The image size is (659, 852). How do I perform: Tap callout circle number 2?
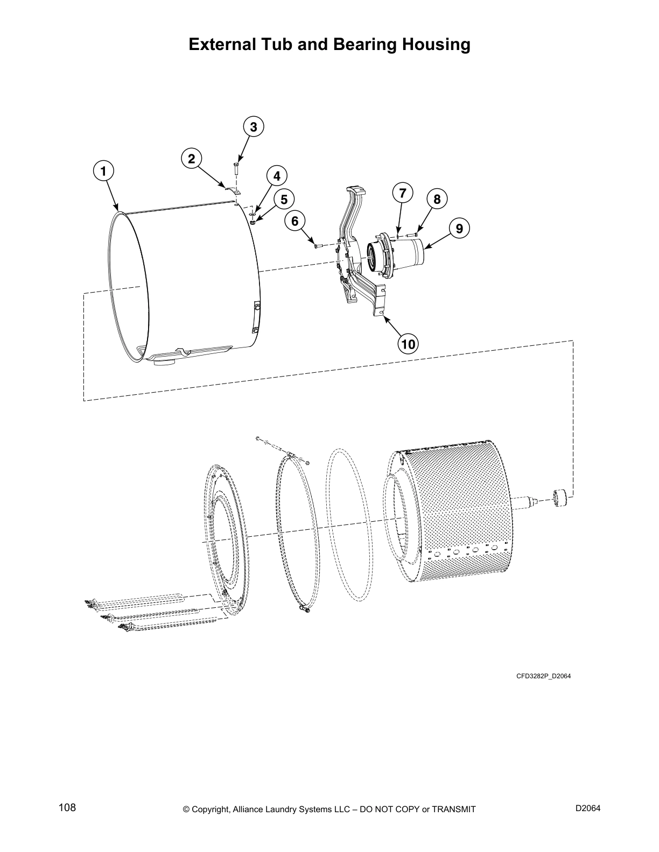coord(191,158)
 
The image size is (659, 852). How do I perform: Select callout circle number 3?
coord(253,127)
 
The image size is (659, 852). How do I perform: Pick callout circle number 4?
coord(276,176)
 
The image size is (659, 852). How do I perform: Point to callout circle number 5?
coord(283,200)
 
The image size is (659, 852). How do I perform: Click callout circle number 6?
coord(295,221)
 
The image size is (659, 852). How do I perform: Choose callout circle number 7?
coord(402,192)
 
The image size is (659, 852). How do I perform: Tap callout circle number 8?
coord(437,200)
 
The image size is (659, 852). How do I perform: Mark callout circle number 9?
coord(459,228)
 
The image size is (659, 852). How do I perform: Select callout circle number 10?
coord(408,343)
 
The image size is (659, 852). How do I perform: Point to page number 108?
coord(67,808)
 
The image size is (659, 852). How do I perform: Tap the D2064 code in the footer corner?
coord(588,808)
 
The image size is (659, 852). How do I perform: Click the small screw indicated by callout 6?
coord(318,246)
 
